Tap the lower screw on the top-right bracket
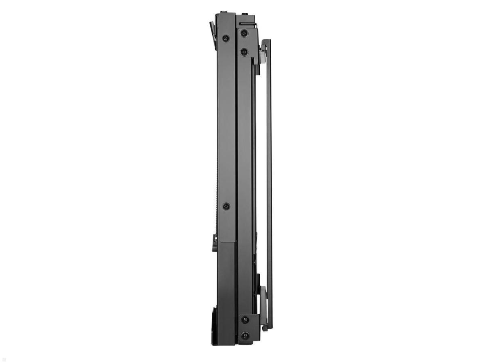pos(244,52)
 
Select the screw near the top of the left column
pos(226,38)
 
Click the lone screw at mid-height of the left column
pos(226,206)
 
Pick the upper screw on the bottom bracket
pos(245,320)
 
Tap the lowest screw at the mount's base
pos(245,336)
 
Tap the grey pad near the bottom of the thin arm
pos(263,305)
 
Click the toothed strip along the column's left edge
pos(217,162)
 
